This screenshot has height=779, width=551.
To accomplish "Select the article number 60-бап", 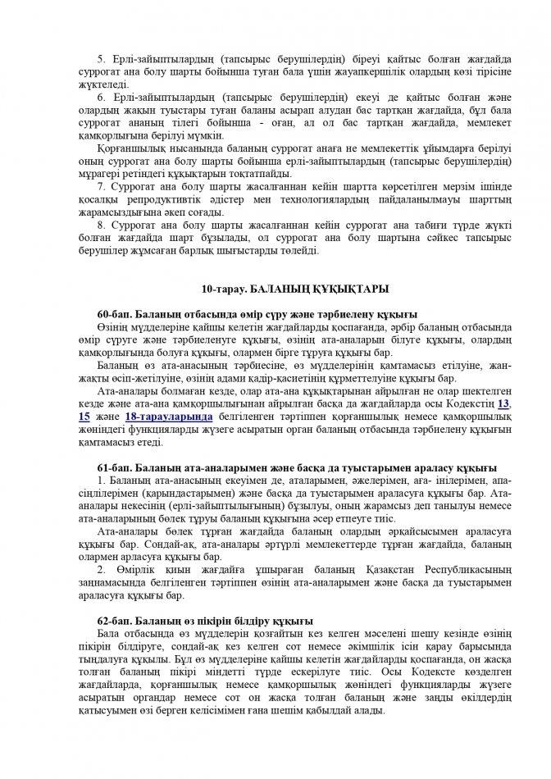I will point(113,314).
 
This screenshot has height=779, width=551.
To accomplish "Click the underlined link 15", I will point(84,417).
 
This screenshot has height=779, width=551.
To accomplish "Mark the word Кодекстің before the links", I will point(471,404).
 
